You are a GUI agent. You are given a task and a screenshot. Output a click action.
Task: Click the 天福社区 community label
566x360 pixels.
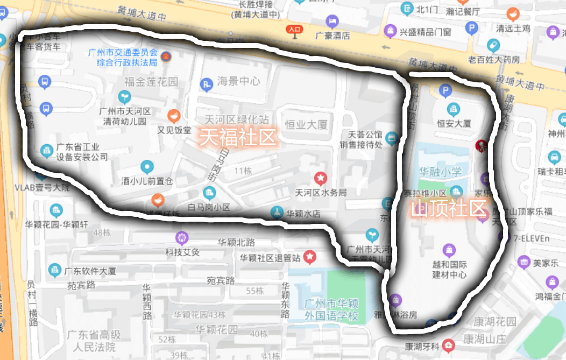(x=237, y=137)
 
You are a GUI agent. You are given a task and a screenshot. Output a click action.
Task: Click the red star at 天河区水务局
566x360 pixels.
(x=321, y=178)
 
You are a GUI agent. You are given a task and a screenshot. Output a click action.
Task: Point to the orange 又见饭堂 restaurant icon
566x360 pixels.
(x=173, y=115)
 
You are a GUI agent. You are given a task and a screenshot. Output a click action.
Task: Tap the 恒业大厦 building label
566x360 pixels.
(x=306, y=125)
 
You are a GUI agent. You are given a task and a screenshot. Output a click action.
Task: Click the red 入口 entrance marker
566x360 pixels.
(x=294, y=30)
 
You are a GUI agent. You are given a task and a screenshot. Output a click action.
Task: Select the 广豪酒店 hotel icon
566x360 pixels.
(x=332, y=22)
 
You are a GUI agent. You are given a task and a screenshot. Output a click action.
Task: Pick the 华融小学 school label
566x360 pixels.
(x=440, y=172)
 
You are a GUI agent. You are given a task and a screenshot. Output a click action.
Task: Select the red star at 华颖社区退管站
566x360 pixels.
(x=309, y=257)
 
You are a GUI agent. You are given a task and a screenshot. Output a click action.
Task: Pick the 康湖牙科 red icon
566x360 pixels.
(x=448, y=345)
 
